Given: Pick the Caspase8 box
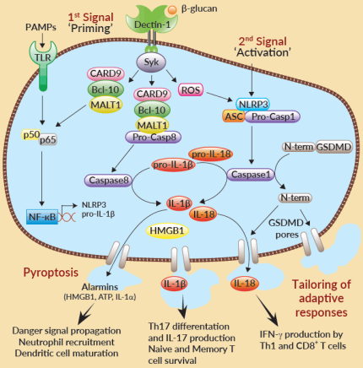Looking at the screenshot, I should [x=106, y=178].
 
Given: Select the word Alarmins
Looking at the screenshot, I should [x=106, y=285].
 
